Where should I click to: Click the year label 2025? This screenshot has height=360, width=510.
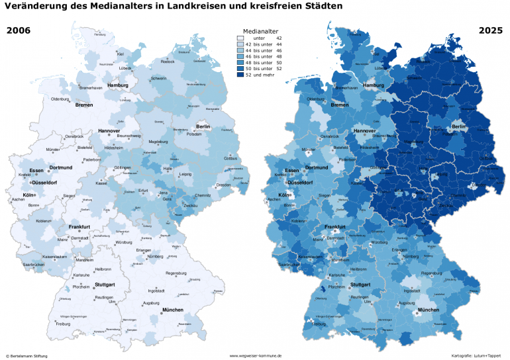coord(491,31)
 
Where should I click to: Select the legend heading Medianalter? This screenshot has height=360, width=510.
coord(260,31)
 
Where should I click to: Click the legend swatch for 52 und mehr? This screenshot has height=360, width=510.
coord(240,75)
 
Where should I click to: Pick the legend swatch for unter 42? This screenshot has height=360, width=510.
coord(240,38)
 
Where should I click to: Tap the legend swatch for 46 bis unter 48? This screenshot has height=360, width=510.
coord(240,56)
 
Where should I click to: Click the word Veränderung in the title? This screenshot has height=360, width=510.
coord(40,7)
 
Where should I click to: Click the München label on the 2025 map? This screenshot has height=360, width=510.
coord(429,310)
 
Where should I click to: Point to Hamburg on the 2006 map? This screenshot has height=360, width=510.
coord(117,85)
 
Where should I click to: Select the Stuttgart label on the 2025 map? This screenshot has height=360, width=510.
coord(360,285)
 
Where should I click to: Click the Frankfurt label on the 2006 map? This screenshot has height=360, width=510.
coord(79,226)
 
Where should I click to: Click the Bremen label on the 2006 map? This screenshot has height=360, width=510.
coord(84,105)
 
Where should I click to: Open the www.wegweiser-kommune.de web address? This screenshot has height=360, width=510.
coord(255,355)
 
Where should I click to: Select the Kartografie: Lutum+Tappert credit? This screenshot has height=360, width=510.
coord(476,355)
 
